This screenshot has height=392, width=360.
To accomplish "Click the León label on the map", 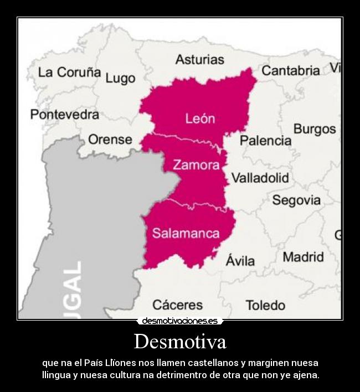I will (x=199, y=118).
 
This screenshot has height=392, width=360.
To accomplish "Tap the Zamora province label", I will (x=196, y=165).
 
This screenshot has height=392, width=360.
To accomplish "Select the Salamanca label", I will (x=186, y=233).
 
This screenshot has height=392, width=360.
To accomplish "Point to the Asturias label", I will (x=199, y=59).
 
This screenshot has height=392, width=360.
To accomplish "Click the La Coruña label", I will (x=69, y=73).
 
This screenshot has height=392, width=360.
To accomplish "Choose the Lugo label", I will (x=120, y=79).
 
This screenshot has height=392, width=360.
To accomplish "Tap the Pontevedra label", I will (x=65, y=115).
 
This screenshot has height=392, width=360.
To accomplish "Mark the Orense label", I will (x=110, y=140).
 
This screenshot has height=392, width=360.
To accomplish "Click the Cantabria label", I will (x=290, y=71).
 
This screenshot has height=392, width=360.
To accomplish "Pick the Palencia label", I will (x=265, y=141).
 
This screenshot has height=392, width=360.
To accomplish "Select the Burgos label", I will (x=314, y=129).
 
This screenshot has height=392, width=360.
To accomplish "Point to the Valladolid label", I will (x=260, y=178).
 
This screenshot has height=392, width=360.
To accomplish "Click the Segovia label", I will (x=296, y=200).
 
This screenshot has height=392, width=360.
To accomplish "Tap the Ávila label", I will (x=240, y=260).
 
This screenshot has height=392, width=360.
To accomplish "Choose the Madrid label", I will (x=303, y=257).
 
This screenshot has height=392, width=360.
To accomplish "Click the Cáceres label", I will (x=177, y=305).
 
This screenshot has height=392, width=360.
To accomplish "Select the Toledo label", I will (x=265, y=305).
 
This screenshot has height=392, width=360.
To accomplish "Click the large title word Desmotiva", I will (x=180, y=341).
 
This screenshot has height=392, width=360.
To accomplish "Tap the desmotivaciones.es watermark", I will (x=179, y=321).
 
